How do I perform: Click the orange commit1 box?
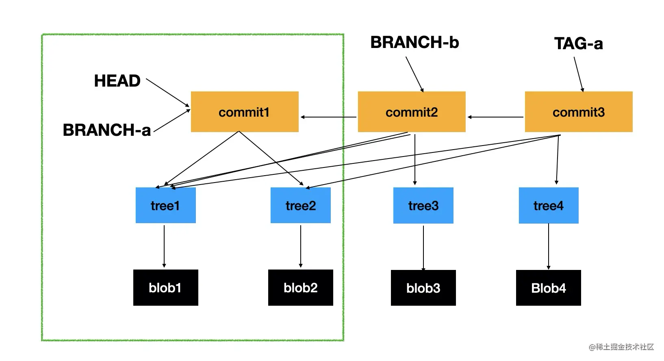tap(245, 112)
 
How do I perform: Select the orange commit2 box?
tap(411, 112)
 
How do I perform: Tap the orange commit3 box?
tap(578, 112)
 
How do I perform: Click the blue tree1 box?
tap(165, 205)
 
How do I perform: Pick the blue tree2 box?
tap(300, 205)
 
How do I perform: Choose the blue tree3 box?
tap(423, 205)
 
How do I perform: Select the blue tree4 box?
tap(548, 205)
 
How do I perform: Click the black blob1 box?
tap(165, 287)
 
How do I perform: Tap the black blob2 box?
tap(300, 287)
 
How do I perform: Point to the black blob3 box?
tap(423, 288)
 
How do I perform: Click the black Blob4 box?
tap(548, 288)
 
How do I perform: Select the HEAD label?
tap(117, 81)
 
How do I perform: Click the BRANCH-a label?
tap(106, 130)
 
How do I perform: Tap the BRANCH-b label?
tap(414, 42)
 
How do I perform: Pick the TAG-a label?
tap(578, 43)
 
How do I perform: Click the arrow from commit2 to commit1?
tap(328, 117)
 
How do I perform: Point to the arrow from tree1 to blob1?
tap(164, 246)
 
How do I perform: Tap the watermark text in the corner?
tap(621, 347)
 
